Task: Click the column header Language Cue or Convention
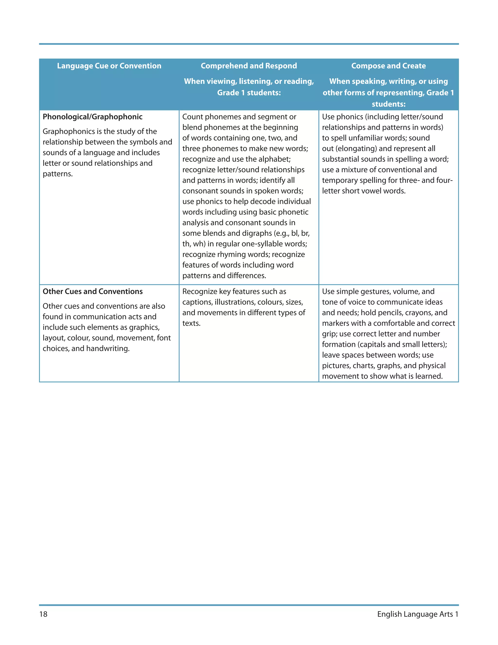109,66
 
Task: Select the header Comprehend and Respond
249,66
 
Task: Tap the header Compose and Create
388,66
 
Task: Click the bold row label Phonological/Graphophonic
92,117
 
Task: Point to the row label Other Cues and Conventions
92,292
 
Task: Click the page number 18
43,614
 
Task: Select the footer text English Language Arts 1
418,614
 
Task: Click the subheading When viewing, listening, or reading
249,81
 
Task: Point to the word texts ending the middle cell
191,323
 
